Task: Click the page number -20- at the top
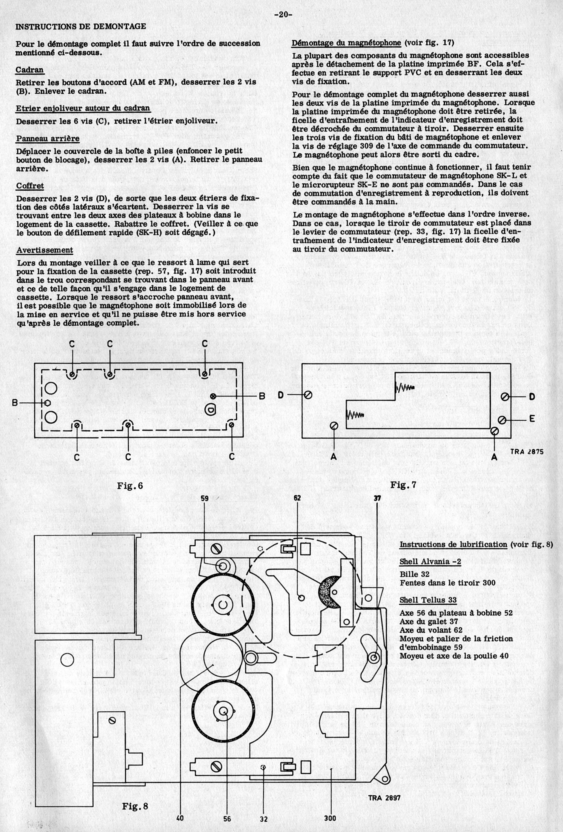click(x=283, y=15)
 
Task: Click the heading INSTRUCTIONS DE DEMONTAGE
click(x=81, y=26)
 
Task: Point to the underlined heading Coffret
click(x=30, y=186)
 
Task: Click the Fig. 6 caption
click(x=130, y=486)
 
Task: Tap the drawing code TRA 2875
click(x=526, y=452)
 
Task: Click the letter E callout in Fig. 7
click(x=532, y=418)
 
